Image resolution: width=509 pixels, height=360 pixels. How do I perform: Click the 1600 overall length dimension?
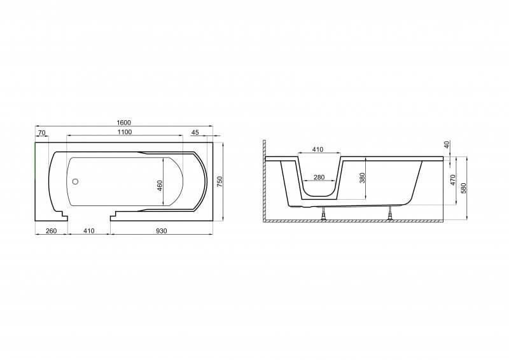[x=123, y=122]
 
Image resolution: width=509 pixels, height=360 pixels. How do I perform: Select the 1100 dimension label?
[x=125, y=132]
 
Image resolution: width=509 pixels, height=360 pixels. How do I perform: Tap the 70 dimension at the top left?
[x=41, y=132]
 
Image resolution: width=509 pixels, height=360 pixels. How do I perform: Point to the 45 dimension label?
[x=195, y=132]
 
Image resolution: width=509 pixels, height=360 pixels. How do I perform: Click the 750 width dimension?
[x=220, y=181]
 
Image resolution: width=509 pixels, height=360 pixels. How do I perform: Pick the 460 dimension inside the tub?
[x=160, y=185]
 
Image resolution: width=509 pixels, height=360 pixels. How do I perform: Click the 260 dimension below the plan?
[x=52, y=231]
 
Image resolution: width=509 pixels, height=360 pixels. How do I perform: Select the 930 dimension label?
[x=162, y=231]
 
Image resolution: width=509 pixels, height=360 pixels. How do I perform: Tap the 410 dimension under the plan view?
[x=88, y=231]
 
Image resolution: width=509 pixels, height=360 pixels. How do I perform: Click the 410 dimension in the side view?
[x=317, y=149]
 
